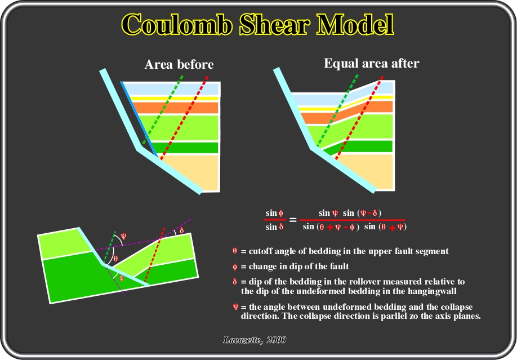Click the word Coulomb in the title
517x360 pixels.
177,24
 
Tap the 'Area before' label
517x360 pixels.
179,64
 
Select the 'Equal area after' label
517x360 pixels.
372,63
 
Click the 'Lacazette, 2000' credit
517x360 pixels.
255,340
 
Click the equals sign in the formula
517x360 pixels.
292,220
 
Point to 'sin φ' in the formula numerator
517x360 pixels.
274,213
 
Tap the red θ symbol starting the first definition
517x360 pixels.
235,251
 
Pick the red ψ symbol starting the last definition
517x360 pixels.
235,307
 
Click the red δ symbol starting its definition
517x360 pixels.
235,282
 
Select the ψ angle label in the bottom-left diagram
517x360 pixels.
123,236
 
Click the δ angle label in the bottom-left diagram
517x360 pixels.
181,230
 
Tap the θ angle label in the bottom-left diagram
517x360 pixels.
115,259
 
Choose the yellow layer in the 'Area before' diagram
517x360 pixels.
174,99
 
